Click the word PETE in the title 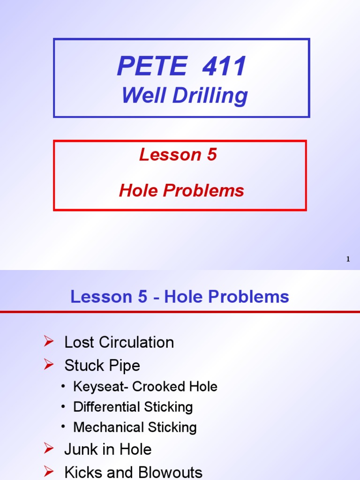(x=152, y=66)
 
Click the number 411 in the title (x=224, y=66)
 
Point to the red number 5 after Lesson (x=211, y=155)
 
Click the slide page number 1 (x=348, y=259)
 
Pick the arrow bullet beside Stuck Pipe (x=48, y=364)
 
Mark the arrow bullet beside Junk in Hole (x=48, y=449)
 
